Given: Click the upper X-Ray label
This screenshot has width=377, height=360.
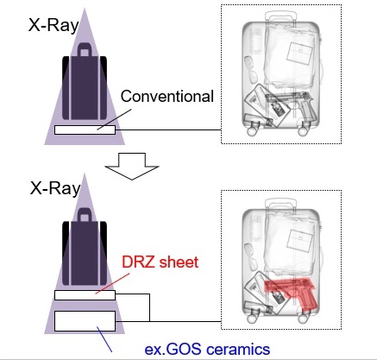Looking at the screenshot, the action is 53,25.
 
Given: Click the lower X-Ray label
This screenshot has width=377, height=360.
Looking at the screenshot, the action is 55,189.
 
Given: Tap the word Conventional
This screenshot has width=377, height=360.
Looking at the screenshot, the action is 167,97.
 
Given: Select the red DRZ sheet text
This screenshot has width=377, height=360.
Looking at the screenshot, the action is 160,262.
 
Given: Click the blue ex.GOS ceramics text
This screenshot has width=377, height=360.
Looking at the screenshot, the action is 207,349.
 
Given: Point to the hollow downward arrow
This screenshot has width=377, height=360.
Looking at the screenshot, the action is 132,167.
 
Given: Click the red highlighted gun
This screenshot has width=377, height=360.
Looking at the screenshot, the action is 292,292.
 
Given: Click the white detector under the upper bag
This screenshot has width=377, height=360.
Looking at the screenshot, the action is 85,129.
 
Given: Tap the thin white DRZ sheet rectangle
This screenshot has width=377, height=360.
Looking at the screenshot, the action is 85,295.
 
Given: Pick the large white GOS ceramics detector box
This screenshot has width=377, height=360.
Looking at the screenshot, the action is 85,321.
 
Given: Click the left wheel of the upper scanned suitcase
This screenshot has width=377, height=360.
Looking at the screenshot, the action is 252,131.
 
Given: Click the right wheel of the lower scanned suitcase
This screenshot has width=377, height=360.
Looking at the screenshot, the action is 303,319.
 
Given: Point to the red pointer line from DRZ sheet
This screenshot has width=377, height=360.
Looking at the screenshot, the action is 112,283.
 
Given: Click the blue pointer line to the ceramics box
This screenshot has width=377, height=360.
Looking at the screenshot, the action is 104,339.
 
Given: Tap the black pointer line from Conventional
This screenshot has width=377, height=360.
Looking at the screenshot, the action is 114,119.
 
